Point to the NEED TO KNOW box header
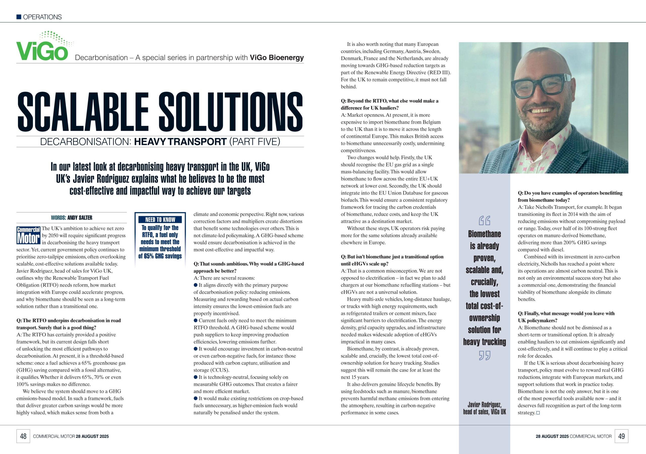pyautogui.click(x=160, y=219)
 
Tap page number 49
pyautogui.click(x=622, y=436)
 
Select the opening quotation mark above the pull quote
pyautogui.click(x=484, y=220)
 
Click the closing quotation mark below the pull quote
pyautogui.click(x=484, y=356)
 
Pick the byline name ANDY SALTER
pyautogui.click(x=80, y=218)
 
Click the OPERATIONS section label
pyautogui.click(x=42, y=17)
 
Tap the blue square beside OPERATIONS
pyautogui.click(x=19, y=17)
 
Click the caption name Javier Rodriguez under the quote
pyautogui.click(x=484, y=405)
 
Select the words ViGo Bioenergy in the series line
pyautogui.click(x=277, y=58)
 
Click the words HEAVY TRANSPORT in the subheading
pyautogui.click(x=180, y=141)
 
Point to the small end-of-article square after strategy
pyautogui.click(x=538, y=413)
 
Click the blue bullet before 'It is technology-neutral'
pyautogui.click(x=196, y=377)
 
